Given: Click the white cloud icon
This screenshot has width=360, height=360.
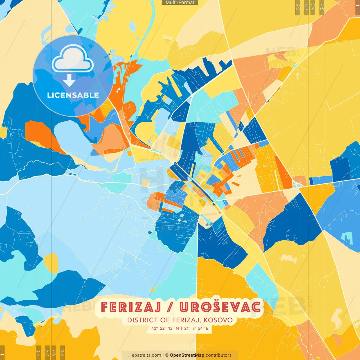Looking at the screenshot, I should pyautogui.click(x=73, y=60).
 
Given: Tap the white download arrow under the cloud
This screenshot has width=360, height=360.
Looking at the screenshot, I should pyautogui.click(x=69, y=80).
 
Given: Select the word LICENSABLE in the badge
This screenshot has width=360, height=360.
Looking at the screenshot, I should pyautogui.click(x=73, y=95).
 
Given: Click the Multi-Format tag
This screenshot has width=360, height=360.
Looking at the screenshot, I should pyautogui.click(x=180, y=3).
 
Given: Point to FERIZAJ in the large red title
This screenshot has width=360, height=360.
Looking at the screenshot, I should pyautogui.click(x=131, y=307).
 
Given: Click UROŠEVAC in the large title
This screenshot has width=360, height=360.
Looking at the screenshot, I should pyautogui.click(x=220, y=307).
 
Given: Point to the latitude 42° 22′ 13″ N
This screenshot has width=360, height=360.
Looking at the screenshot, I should pyautogui.click(x=165, y=328).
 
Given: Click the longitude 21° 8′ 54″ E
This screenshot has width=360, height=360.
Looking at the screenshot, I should pyautogui.click(x=196, y=328).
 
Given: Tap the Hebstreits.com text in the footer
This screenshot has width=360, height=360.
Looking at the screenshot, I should pyautogui.click(x=145, y=355).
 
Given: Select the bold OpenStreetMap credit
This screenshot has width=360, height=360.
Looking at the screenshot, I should pyautogui.click(x=187, y=355).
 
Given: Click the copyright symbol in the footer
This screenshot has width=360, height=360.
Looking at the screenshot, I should pyautogui.click(x=167, y=355).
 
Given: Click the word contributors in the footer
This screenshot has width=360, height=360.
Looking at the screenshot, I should pyautogui.click(x=219, y=355).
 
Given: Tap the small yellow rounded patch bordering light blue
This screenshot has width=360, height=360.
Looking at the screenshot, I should pyautogui.click(x=51, y=263).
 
